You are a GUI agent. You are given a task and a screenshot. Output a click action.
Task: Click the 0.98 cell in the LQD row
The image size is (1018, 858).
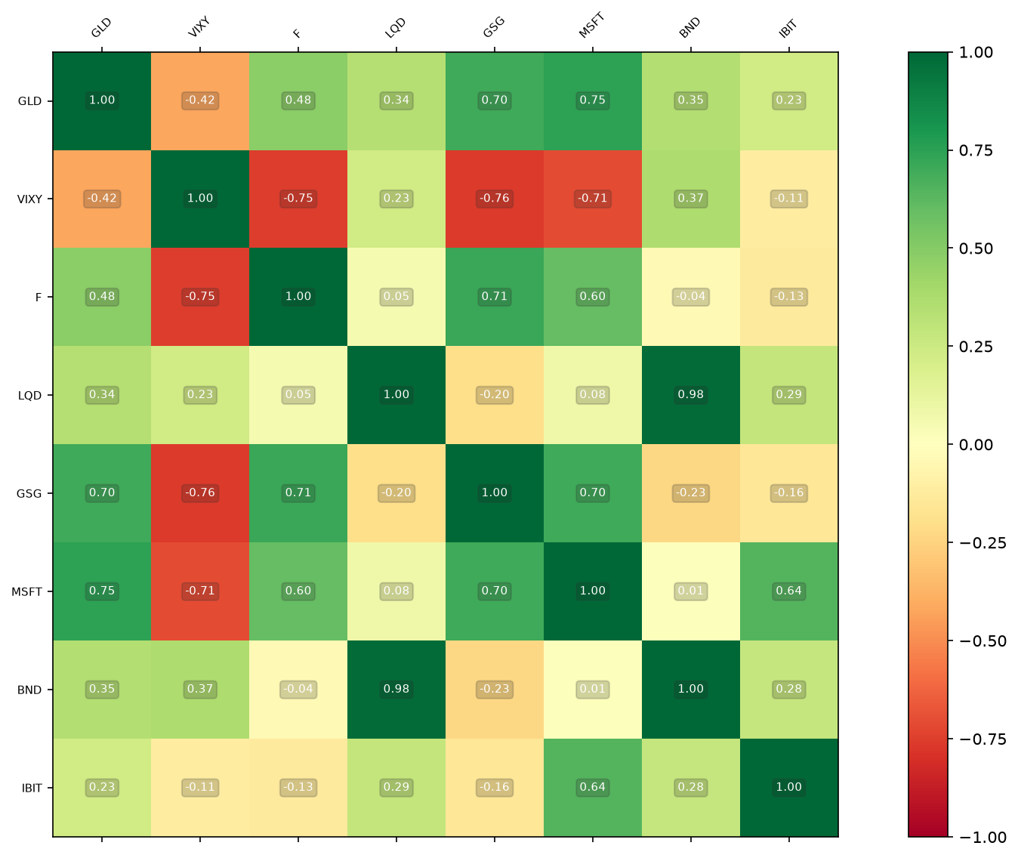click(690, 394)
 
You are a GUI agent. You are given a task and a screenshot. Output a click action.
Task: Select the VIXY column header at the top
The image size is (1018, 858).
click(199, 27)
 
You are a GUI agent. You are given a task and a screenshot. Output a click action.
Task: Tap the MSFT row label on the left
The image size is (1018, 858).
click(26, 591)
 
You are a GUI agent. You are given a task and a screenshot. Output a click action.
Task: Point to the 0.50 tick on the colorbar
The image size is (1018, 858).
click(950, 248)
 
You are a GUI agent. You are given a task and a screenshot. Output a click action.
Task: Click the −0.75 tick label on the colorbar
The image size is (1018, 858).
click(983, 739)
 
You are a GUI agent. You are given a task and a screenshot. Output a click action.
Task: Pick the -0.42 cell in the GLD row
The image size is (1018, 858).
click(200, 100)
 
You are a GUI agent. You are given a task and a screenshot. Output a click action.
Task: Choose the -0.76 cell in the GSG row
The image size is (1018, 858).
click(200, 493)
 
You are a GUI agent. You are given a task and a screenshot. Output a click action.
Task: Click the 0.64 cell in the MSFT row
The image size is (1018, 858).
click(788, 591)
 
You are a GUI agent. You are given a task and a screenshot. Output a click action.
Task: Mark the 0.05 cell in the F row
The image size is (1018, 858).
click(396, 297)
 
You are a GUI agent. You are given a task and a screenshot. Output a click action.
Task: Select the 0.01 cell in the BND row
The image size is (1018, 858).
click(592, 690)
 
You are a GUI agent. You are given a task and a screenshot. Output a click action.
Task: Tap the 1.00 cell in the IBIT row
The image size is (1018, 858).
click(788, 787)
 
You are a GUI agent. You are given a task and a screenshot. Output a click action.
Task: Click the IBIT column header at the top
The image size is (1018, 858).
click(788, 28)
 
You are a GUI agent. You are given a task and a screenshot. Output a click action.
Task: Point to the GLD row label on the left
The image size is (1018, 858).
click(29, 101)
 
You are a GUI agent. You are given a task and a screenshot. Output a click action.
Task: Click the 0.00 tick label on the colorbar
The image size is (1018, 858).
click(976, 445)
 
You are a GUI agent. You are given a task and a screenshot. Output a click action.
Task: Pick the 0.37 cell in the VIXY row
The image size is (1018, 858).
click(690, 199)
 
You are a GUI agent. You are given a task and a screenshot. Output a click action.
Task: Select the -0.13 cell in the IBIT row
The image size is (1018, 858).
click(298, 787)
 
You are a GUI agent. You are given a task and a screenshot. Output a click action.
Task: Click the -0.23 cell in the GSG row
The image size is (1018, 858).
click(690, 493)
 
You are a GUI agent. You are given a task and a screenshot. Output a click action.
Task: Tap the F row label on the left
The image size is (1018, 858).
click(38, 297)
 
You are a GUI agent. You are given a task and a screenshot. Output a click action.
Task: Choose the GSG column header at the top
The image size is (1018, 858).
click(493, 27)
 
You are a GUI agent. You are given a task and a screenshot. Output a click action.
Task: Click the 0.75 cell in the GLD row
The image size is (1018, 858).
click(592, 100)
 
